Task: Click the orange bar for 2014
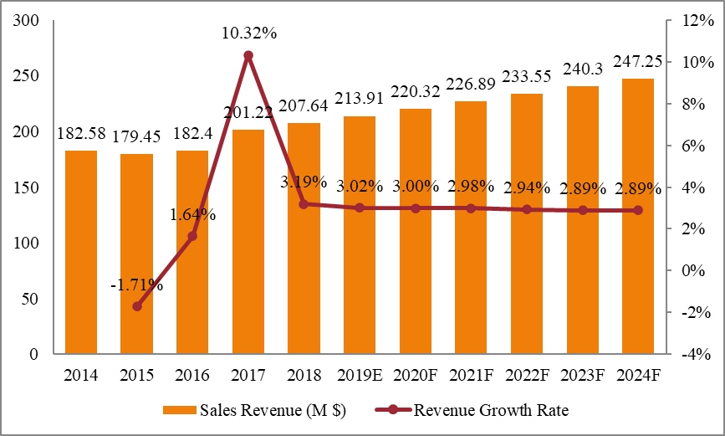pos(81,252)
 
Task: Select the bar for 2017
pos(248,242)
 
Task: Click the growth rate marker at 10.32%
pos(248,55)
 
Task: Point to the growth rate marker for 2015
pos(137,306)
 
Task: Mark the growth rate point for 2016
pos(192,236)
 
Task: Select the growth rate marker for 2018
pos(304,203)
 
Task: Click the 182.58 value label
pos(81,134)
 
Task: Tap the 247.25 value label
pos(638,62)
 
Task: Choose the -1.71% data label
pos(136,285)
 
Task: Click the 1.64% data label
pos(192,215)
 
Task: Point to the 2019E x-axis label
pos(359,375)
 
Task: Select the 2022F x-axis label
pos(526,375)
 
